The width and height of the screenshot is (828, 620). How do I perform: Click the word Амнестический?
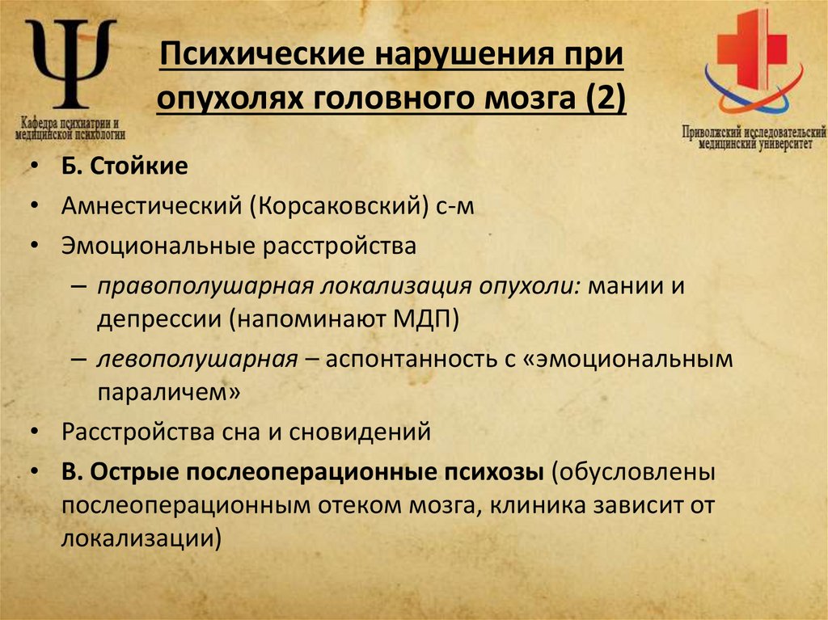click(154, 207)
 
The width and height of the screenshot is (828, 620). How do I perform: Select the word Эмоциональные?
click(158, 246)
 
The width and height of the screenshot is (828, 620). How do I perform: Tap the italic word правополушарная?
click(205, 287)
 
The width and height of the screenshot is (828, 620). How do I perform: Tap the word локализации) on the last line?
click(141, 538)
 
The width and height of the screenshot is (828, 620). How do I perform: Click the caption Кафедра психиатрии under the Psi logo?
click(71, 122)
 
